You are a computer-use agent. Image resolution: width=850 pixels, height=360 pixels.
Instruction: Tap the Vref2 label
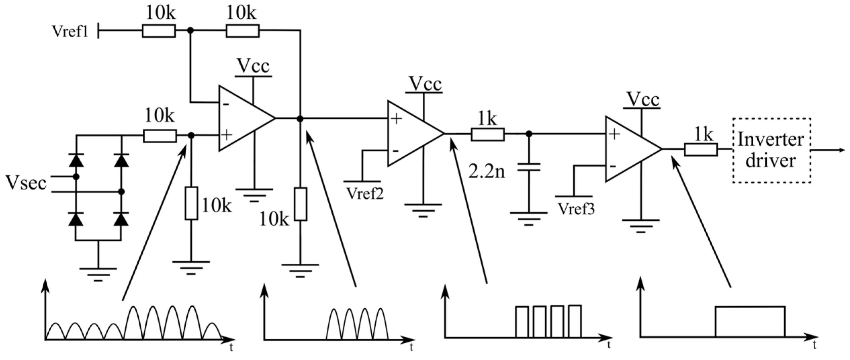[x=365, y=194]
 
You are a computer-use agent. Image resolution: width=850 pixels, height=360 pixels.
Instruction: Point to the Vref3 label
[x=576, y=209]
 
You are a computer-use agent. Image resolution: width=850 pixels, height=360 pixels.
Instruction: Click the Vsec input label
[x=26, y=184]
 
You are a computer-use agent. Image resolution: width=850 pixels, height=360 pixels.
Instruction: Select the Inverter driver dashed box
[x=771, y=151]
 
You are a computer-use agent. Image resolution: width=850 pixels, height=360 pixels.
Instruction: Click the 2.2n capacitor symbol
[x=529, y=167]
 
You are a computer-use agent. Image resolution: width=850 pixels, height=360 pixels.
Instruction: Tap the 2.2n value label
[x=486, y=172]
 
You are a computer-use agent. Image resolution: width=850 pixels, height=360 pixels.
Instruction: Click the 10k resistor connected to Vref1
[x=159, y=31]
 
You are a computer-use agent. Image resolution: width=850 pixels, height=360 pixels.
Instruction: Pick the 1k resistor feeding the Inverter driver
[x=701, y=150]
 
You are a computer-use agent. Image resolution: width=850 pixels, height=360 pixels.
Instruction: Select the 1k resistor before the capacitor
[x=487, y=134]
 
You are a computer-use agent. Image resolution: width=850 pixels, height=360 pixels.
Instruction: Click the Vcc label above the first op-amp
[x=253, y=66]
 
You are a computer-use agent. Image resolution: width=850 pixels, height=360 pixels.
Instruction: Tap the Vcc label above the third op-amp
[x=643, y=100]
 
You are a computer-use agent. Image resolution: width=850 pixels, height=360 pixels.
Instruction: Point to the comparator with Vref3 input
[x=631, y=149]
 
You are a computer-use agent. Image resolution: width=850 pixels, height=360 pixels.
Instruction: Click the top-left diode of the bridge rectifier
[x=76, y=160]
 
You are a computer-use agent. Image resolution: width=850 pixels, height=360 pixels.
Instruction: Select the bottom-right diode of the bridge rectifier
[x=122, y=219]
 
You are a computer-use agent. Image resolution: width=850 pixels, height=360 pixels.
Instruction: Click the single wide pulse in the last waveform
[x=750, y=321]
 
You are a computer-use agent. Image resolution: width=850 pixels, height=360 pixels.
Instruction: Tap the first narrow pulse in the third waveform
[x=522, y=321]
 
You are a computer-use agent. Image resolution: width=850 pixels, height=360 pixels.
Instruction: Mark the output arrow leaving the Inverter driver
[x=829, y=150]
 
